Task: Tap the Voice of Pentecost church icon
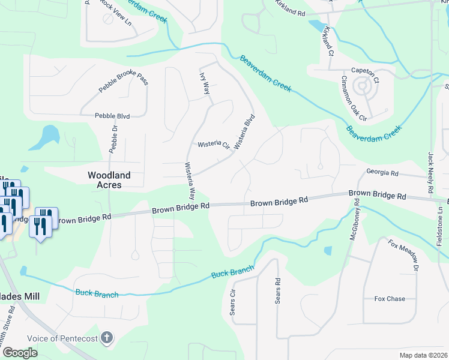(107, 337)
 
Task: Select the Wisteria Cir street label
(214, 145)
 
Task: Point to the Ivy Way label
(205, 81)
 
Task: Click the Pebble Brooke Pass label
(123, 86)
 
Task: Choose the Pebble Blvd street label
(112, 116)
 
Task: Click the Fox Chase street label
(390, 299)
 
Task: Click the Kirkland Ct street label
(328, 41)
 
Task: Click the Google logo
(20, 353)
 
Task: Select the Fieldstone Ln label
(441, 221)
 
